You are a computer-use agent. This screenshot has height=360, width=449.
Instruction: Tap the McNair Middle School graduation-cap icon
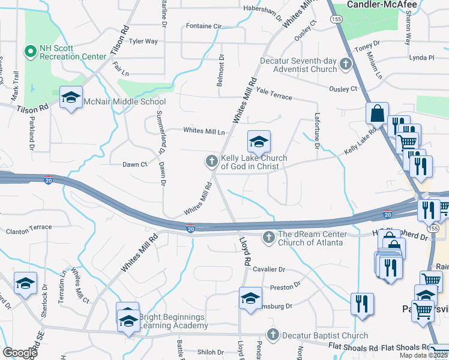tap(71, 100)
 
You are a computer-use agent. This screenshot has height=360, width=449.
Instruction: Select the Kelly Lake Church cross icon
tap(211, 161)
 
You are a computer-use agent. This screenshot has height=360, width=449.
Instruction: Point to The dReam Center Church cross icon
tap(268, 238)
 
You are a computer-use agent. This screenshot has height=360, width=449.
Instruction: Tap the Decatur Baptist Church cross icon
tap(273, 335)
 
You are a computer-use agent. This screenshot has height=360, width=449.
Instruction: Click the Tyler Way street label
tap(143, 41)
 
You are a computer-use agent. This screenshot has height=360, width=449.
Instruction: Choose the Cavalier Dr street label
tap(269, 270)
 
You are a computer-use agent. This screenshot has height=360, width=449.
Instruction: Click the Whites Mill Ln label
tap(204, 131)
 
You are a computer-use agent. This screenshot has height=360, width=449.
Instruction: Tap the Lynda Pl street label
tap(421, 58)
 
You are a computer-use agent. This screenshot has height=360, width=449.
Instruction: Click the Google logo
tap(20, 353)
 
